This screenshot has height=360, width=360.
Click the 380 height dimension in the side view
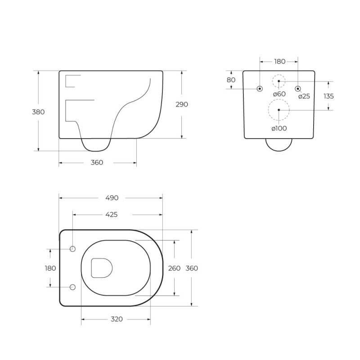tap(38, 112)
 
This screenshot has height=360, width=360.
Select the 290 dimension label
tap(182, 104)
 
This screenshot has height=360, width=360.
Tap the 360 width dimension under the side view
tap(97, 162)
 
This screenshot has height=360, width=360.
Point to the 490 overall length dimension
tap(112, 198)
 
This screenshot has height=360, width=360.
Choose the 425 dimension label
tap(111, 215)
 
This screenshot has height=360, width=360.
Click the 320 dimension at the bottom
tap(117, 319)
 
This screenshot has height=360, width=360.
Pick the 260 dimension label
tap(174, 268)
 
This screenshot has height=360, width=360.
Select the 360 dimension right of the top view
tap(192, 268)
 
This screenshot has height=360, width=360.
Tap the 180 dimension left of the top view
tap(50, 268)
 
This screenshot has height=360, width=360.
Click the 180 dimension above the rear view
tap(279, 61)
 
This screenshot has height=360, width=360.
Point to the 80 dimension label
tap(231, 80)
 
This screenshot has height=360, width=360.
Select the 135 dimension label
tap(328, 96)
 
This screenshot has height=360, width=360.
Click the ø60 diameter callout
tap(279, 94)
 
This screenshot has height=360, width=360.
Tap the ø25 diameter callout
tap(304, 96)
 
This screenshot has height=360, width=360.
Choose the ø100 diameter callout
tap(279, 128)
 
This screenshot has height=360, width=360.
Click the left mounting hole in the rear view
tap(260, 89)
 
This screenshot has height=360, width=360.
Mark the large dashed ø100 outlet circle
tap(279, 110)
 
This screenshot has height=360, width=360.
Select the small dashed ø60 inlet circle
tap(279, 81)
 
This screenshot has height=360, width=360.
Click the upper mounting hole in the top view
tap(73, 248)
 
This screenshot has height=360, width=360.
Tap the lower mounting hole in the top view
tap(73, 287)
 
